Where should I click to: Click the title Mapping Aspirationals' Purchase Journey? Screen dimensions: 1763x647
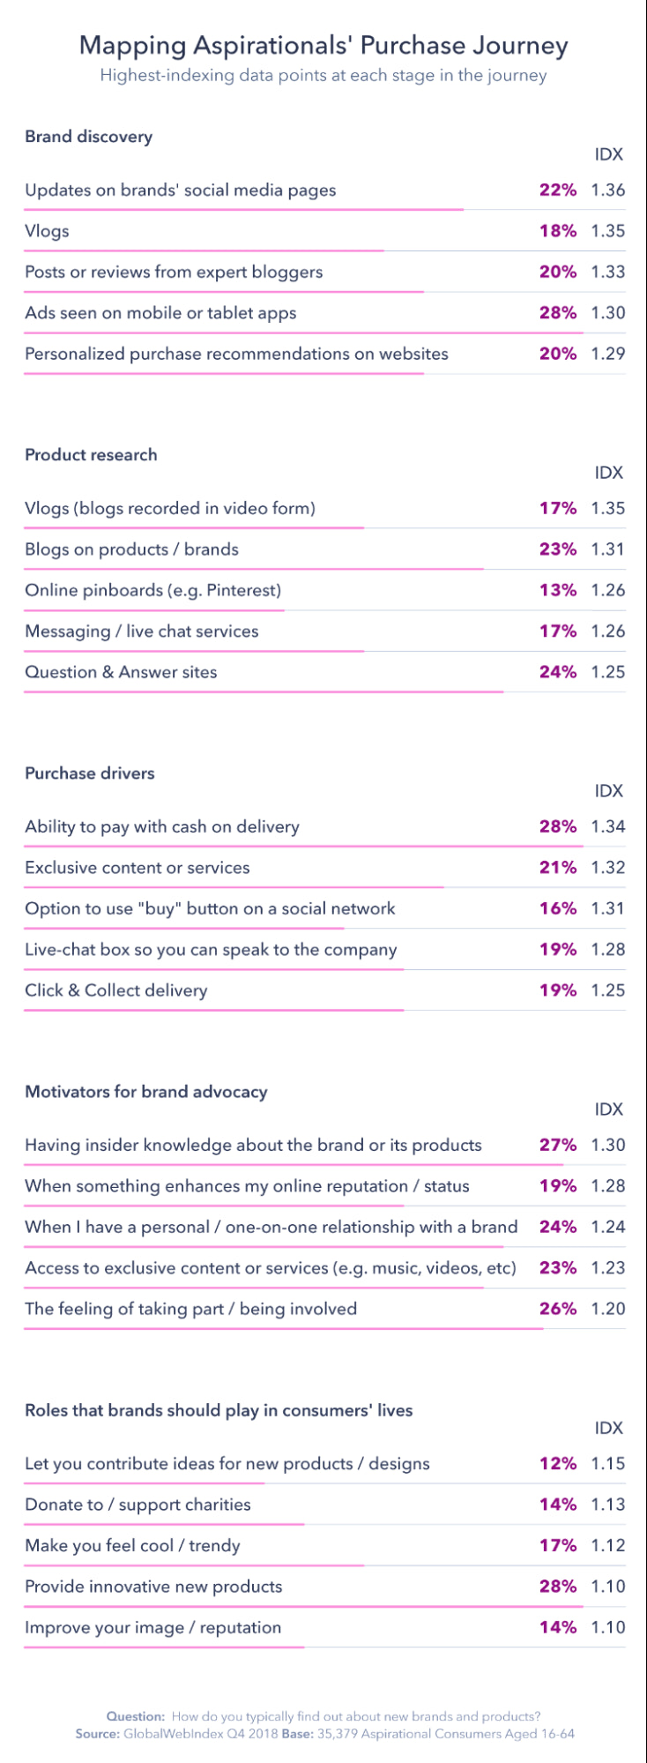(x=323, y=45)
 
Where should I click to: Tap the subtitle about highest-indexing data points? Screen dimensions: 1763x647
(x=323, y=76)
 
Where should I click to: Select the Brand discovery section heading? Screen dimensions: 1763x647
(x=88, y=137)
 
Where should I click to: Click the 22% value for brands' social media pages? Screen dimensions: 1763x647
(x=558, y=190)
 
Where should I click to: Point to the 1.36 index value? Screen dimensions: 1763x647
(x=608, y=190)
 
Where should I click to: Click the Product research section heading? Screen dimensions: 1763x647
(x=91, y=455)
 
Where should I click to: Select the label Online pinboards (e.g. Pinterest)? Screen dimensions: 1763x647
(x=153, y=590)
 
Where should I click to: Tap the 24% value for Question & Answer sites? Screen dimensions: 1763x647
(x=558, y=672)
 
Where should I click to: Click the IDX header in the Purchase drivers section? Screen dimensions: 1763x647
(x=608, y=791)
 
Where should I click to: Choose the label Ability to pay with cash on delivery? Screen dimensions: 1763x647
(x=162, y=827)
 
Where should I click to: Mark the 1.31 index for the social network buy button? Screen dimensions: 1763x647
(x=608, y=908)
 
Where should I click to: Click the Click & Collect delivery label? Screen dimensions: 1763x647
(x=116, y=990)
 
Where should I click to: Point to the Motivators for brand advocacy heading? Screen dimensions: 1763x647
(x=146, y=1092)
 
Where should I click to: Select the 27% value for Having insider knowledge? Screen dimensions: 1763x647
(x=558, y=1146)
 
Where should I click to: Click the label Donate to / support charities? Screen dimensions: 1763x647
(x=138, y=1505)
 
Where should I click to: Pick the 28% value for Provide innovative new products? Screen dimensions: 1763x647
(x=558, y=1587)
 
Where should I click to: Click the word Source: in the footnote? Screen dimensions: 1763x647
(x=97, y=1734)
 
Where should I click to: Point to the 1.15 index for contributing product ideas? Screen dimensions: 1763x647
(x=608, y=1464)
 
